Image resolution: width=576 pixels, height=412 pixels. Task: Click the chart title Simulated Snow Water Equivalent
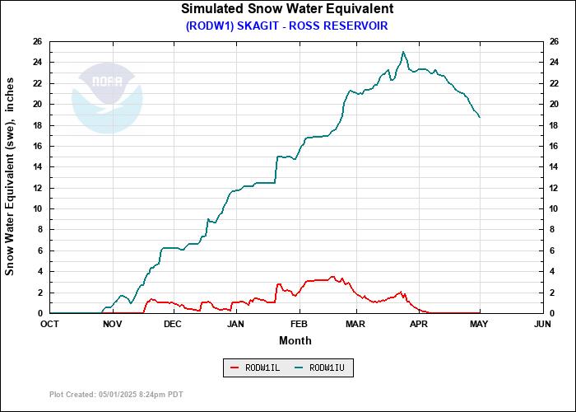tap(287, 9)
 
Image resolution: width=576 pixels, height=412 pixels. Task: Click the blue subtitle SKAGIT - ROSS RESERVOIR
tap(286, 26)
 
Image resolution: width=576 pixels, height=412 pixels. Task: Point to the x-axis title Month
tap(295, 339)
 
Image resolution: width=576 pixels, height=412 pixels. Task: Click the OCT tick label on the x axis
tap(50, 324)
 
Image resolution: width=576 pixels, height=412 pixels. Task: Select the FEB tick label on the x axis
tap(299, 324)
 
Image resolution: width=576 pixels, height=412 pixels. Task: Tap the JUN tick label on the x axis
tap(542, 324)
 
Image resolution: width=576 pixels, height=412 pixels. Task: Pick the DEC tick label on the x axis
tap(172, 324)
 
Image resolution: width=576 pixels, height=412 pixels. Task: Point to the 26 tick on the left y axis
tap(38, 41)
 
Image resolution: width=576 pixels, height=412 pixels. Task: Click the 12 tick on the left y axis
tap(38, 188)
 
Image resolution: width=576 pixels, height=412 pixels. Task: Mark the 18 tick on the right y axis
tap(555, 125)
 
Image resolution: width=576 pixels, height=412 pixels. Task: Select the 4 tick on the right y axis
tap(553, 271)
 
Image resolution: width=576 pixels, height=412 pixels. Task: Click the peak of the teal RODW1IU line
tap(403, 52)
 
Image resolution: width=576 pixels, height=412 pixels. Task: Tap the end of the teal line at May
tap(480, 117)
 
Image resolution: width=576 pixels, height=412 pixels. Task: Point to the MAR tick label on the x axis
tap(355, 324)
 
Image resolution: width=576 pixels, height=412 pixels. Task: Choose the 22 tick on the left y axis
tap(38, 83)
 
